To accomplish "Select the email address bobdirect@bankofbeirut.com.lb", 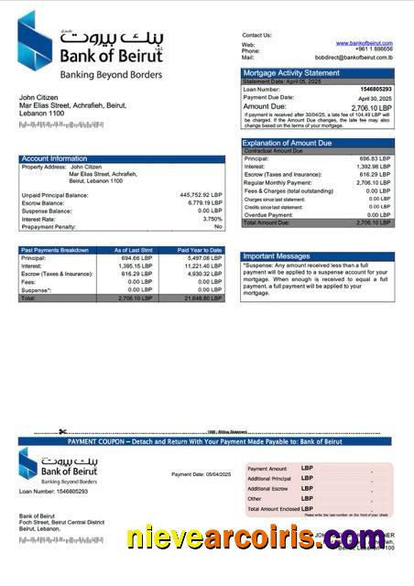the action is [x=354, y=57].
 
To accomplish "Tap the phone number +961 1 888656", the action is [x=373, y=50].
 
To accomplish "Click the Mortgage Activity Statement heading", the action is [x=290, y=72].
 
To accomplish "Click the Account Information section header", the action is [x=55, y=158].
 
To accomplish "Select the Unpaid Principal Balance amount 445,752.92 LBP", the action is [x=201, y=195].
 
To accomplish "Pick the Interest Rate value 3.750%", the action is [x=212, y=219].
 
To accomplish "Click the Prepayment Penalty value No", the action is [x=218, y=226].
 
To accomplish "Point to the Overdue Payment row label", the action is [x=269, y=214].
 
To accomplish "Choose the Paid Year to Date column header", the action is [x=200, y=250].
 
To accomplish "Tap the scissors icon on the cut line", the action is [x=63, y=432].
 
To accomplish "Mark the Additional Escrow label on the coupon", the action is [x=268, y=489].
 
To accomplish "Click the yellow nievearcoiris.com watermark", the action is [x=256, y=537].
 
